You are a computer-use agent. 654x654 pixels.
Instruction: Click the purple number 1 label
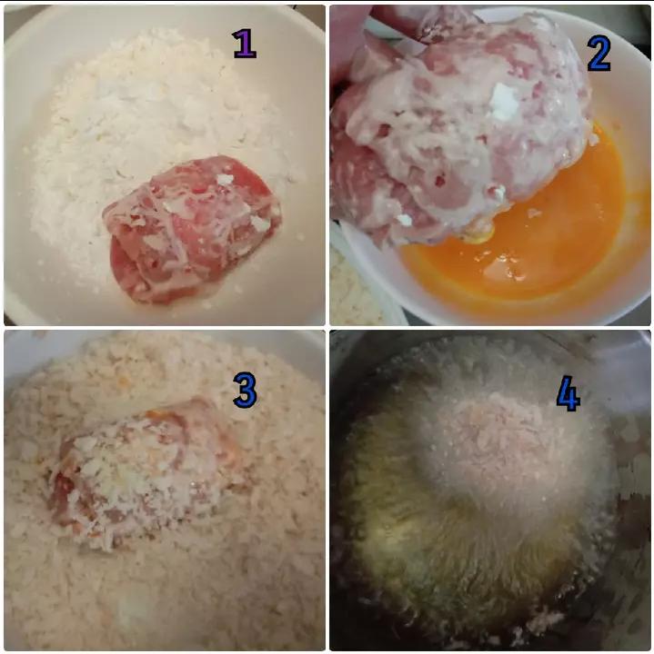click(244, 44)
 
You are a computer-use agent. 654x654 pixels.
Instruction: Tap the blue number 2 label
click(599, 54)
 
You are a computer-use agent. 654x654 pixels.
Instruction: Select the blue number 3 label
click(245, 390)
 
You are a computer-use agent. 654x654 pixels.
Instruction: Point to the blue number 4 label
click(568, 393)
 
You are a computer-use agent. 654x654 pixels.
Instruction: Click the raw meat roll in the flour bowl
click(192, 229)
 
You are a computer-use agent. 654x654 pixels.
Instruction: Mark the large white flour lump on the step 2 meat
click(504, 102)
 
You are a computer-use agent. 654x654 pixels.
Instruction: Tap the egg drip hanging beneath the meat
click(480, 238)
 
